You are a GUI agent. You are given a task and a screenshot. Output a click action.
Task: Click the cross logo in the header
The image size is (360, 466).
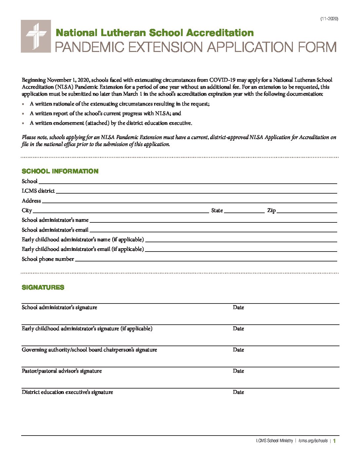[x=36, y=36]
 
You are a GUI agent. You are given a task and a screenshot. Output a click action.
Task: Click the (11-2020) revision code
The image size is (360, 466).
[x=329, y=19]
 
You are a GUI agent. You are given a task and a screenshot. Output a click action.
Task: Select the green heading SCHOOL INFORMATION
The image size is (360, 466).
[x=60, y=171]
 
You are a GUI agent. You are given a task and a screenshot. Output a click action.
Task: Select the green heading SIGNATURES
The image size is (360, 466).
[x=43, y=287]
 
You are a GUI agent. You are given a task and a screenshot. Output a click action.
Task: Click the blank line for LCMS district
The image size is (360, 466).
[x=197, y=192]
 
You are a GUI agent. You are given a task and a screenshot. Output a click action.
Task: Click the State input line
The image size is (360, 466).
[x=244, y=211]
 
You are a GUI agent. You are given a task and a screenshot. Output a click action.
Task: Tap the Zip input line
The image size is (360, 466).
[x=306, y=211]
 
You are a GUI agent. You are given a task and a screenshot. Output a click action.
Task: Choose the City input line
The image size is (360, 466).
[x=120, y=211]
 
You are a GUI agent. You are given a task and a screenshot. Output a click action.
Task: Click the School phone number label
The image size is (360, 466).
[x=48, y=259]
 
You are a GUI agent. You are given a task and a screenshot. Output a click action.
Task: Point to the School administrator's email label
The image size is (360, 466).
[x=55, y=230]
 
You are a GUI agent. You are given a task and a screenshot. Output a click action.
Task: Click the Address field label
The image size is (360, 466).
[x=31, y=201]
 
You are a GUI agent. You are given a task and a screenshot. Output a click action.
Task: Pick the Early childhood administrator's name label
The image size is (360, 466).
[x=82, y=240]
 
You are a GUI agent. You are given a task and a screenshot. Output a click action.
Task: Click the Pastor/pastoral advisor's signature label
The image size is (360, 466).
[x=62, y=371]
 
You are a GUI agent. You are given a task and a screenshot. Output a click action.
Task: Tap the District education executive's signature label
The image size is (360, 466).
[x=67, y=392]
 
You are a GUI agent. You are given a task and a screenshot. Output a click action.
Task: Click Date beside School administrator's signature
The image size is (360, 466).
[x=238, y=307]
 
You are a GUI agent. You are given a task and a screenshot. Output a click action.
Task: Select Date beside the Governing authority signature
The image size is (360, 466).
[x=238, y=350]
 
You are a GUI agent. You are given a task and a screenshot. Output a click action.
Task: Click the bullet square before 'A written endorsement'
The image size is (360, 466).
[x=23, y=123]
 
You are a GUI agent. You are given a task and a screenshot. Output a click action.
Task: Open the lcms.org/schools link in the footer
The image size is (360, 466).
[x=313, y=441]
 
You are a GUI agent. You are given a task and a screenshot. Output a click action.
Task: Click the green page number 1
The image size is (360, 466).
[x=335, y=441]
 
